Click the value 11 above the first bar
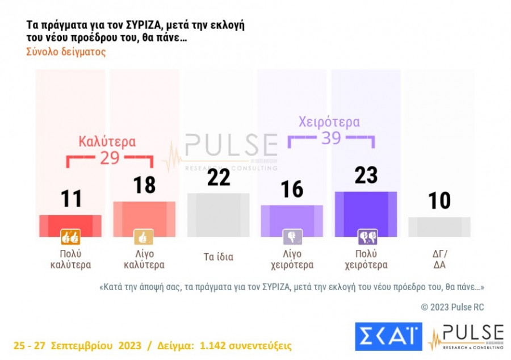click(71, 199)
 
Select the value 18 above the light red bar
click(144, 185)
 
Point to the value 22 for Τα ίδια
click(218, 177)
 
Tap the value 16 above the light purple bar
click(292, 190)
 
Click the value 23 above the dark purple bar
click(366, 175)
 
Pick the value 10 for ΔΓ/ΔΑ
click(439, 200)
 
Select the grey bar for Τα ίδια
click(218, 215)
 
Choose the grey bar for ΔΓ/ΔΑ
click(439, 227)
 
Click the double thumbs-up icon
click(70, 237)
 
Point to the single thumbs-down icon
click(292, 237)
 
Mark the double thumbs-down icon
click(366, 237)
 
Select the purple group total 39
click(331, 138)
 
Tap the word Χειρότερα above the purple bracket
click(329, 122)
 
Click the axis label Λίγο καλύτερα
click(144, 259)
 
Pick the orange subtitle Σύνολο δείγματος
click(66, 52)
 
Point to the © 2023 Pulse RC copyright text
click(453, 307)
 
